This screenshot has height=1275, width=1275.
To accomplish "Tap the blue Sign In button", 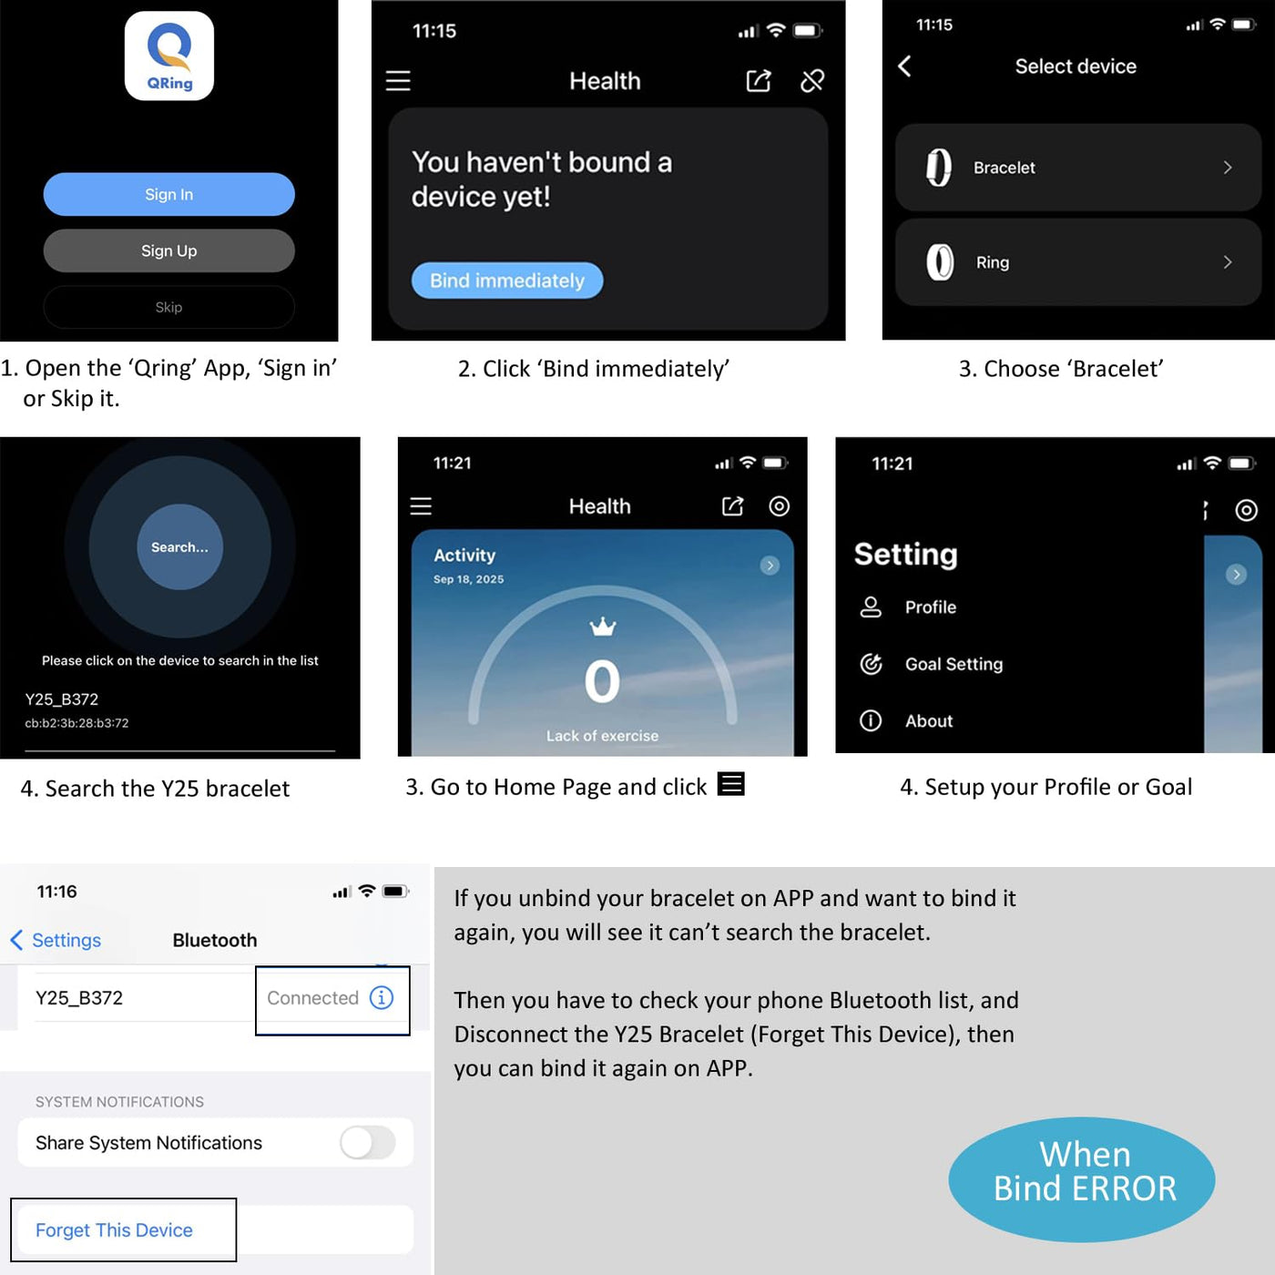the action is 168,194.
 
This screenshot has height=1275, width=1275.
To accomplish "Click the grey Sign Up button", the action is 168,250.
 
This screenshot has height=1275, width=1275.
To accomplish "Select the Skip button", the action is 168,307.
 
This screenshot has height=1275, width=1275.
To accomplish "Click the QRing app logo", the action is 169,56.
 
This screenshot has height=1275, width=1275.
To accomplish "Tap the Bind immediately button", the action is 507,280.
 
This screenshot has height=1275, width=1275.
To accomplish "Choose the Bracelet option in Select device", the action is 1077,168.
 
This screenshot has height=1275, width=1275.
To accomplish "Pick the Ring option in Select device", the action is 1077,262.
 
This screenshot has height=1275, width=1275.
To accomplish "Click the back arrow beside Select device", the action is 904,66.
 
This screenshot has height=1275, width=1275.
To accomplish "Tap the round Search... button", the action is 179,547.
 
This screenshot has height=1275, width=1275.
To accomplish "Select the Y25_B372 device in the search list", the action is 76,710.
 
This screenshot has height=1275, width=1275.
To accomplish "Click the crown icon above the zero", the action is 602,626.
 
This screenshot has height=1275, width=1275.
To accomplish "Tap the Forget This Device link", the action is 114,1230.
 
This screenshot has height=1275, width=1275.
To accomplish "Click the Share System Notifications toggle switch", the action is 368,1143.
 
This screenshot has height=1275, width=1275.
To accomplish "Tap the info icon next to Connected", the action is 381,997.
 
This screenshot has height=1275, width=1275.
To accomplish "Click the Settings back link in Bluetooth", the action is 56,940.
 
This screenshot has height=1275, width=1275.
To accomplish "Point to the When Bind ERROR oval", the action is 1082,1179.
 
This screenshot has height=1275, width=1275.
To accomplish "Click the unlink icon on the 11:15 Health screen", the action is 811,81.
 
